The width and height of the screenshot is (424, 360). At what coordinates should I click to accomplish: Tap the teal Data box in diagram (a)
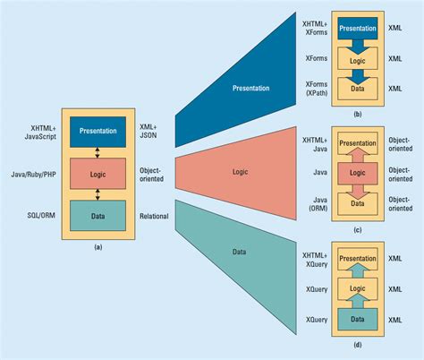tap(99, 216)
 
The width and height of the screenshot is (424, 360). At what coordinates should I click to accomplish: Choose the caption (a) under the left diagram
tap(99, 247)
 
